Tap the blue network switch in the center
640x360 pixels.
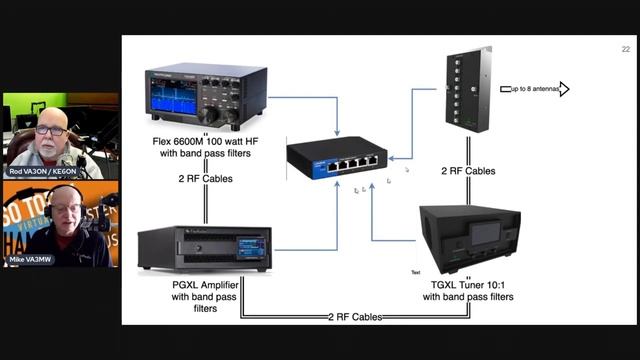coord(334,155)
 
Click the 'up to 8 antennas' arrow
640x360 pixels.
coord(534,89)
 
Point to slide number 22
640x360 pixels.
coord(625,48)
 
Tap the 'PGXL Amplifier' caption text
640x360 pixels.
coord(203,284)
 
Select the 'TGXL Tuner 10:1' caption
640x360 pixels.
coord(468,284)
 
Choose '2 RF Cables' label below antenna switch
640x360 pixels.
coord(468,170)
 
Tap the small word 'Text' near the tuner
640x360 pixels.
coord(416,271)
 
